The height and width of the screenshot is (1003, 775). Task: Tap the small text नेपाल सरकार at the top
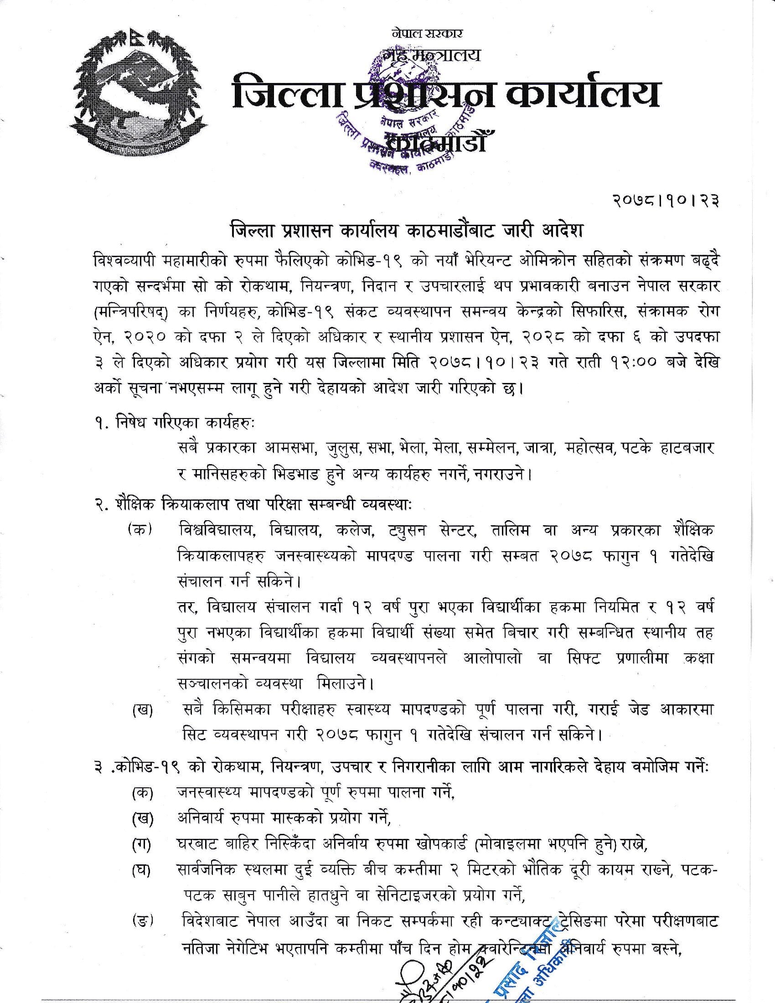click(427, 34)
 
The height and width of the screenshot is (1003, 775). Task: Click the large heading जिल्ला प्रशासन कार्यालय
click(445, 94)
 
